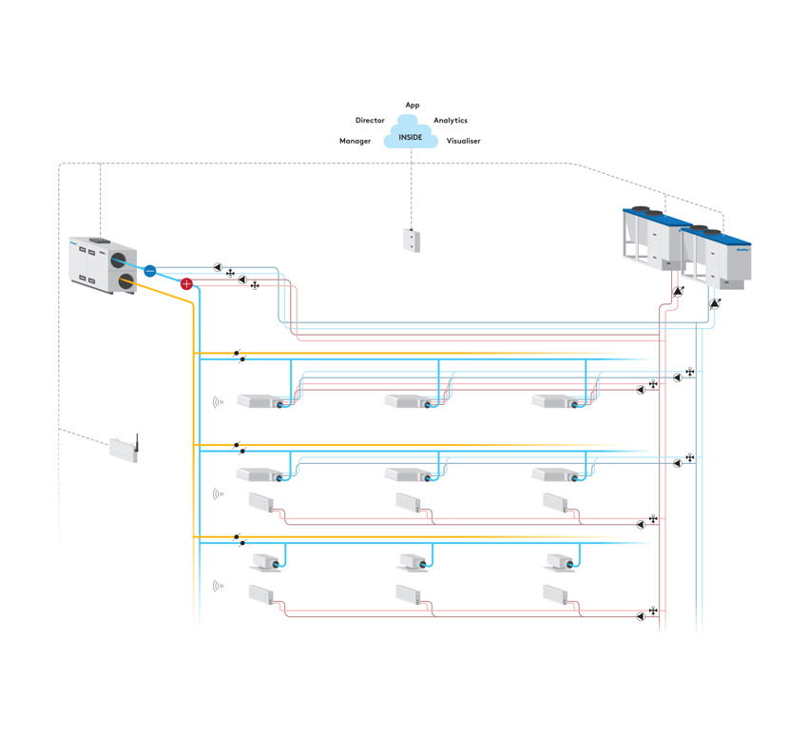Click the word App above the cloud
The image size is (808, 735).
[x=413, y=105]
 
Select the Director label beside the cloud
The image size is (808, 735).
[x=370, y=121]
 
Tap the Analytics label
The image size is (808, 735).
[x=451, y=121]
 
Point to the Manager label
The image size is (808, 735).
[x=355, y=141]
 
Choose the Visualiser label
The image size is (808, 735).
[x=464, y=141]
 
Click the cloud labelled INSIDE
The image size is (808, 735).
[x=411, y=134]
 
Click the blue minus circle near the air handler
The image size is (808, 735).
[x=149, y=270]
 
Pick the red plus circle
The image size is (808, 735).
[x=186, y=283]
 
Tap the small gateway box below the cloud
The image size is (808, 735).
[x=411, y=240]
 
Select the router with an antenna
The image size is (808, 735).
[x=124, y=449]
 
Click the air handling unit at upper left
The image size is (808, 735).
[x=105, y=264]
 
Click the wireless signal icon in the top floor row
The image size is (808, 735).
[x=218, y=402]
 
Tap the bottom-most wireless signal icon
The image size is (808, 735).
[x=218, y=587]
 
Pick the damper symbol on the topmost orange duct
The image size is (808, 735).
[x=239, y=353]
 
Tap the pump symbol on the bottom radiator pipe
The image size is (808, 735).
[x=641, y=616]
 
